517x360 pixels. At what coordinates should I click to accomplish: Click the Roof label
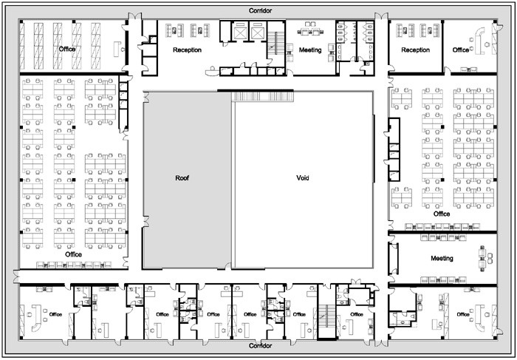coord(182,178)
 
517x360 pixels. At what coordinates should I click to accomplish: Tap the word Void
coord(303,178)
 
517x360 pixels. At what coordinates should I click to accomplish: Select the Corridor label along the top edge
coord(261,11)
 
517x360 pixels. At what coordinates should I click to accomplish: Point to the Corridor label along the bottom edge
coord(261,346)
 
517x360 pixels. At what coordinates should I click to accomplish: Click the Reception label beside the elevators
coord(187,50)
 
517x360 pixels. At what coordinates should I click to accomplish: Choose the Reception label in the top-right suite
coord(415,50)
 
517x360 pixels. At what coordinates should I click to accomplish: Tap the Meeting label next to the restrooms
coord(310,50)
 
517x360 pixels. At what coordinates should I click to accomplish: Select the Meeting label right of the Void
coord(442,259)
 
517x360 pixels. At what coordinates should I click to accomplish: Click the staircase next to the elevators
coord(275,43)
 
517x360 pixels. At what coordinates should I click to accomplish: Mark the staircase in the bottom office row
coord(326,321)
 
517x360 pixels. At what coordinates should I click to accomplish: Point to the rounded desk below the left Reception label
coord(211,71)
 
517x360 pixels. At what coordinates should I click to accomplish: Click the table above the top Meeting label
coord(310,31)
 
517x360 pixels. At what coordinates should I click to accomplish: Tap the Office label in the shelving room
coord(67,50)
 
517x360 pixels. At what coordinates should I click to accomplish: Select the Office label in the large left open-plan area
coord(73,254)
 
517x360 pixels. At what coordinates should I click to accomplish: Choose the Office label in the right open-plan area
coord(442,214)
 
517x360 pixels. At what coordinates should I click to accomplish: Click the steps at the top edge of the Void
coord(262,96)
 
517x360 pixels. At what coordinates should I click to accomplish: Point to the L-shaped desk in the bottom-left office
coord(36,318)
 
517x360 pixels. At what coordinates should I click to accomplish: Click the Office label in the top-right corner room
coord(461,50)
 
